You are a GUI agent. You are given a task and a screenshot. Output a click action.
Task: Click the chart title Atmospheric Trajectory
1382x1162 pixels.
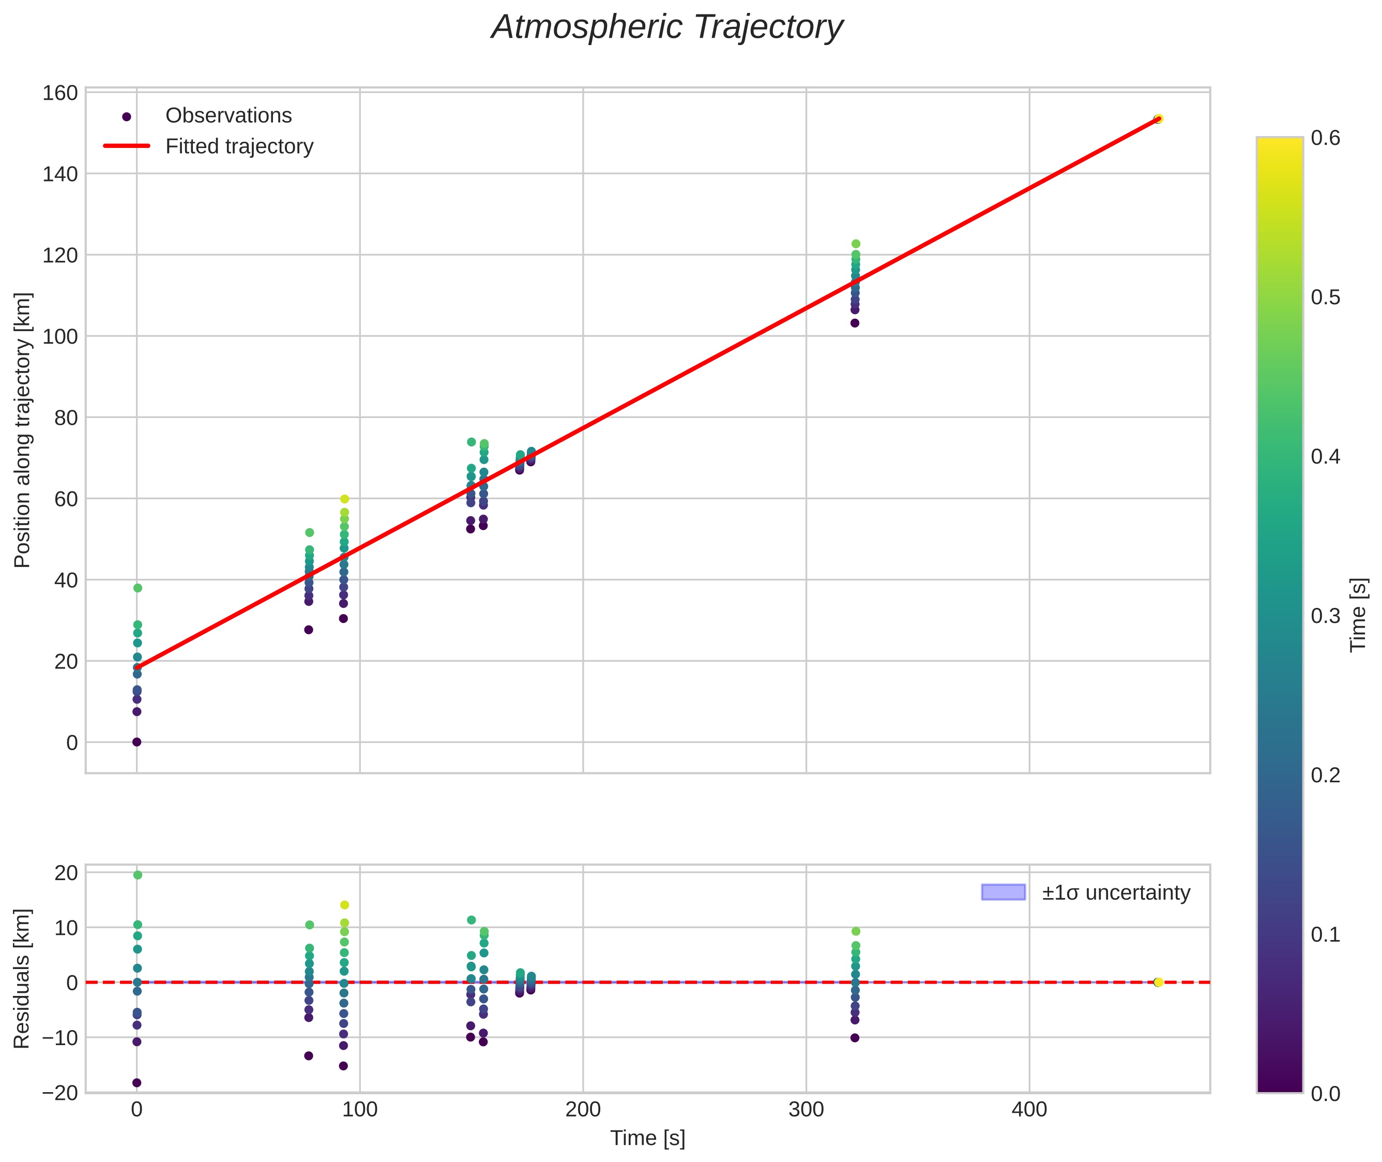666,27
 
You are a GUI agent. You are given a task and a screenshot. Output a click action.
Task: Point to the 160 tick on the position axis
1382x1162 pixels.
60,93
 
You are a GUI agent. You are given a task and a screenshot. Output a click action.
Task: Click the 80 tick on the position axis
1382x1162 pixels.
66,418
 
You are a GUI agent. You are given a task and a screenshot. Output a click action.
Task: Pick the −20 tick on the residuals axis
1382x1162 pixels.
60,1094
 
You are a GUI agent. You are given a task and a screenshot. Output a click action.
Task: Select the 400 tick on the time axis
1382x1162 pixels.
1028,1111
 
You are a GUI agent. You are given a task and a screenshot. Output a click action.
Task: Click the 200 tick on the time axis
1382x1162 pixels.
583,1111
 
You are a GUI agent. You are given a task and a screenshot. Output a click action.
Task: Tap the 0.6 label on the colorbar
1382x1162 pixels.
1325,138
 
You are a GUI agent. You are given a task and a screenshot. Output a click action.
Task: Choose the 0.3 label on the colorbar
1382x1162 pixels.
1325,616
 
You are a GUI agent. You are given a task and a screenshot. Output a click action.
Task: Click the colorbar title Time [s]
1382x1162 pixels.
1359,615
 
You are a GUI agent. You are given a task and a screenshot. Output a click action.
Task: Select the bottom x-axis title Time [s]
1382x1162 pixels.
647,1138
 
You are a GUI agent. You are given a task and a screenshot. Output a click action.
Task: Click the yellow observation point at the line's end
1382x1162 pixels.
1158,118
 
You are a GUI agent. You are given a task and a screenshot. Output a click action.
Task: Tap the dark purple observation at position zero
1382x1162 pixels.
137,742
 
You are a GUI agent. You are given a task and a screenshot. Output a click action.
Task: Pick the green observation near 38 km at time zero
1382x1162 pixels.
138,588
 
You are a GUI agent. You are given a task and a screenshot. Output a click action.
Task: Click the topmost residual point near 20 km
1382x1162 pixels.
138,875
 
